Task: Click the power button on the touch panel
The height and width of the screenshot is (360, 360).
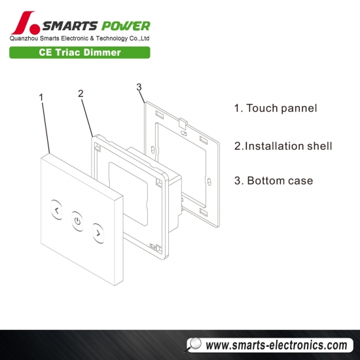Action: click(x=77, y=221)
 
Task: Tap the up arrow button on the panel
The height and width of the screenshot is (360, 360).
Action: click(x=56, y=210)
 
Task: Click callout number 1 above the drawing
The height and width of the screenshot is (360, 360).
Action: click(x=41, y=98)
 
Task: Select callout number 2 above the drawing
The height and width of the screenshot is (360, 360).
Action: click(x=81, y=94)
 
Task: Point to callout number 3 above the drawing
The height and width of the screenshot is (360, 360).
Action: click(x=139, y=87)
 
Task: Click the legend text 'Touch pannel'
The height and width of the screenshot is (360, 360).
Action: click(x=281, y=108)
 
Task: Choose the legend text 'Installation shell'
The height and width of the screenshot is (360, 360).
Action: click(x=289, y=146)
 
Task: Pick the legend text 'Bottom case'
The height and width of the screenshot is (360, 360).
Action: click(x=280, y=181)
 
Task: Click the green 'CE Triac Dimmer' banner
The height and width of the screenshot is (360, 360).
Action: click(x=80, y=52)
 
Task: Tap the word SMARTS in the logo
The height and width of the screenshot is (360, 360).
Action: click(x=70, y=26)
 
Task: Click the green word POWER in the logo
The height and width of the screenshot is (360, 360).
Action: click(x=126, y=26)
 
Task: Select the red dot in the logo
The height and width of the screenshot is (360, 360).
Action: click(x=35, y=29)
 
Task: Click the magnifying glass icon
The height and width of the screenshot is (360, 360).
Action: click(x=193, y=345)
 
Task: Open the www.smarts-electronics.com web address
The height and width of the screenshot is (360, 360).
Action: click(x=276, y=346)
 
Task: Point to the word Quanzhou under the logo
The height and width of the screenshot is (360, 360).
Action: click(x=24, y=39)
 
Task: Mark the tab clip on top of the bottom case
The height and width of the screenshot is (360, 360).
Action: click(x=183, y=123)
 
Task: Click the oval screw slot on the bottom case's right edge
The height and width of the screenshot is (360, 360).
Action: click(x=209, y=181)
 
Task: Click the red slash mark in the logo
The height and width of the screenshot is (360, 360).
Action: click(x=22, y=23)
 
